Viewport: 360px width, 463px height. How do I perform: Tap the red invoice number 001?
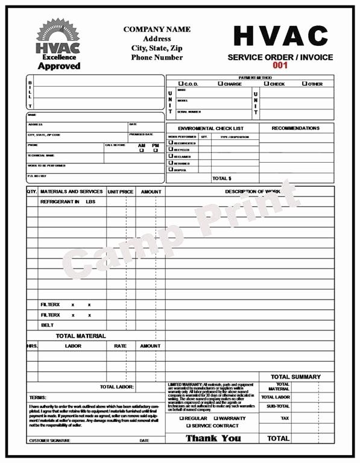[x=280, y=65]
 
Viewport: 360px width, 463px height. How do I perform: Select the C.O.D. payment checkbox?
[x=180, y=84]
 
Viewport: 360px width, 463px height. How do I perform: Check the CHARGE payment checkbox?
[x=221, y=84]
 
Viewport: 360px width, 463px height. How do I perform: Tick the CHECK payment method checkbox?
[x=267, y=84]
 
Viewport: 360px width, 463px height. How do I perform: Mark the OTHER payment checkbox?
[x=305, y=84]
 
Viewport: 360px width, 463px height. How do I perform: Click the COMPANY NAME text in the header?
[x=157, y=29]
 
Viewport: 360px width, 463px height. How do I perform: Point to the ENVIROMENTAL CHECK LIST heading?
[x=211, y=128]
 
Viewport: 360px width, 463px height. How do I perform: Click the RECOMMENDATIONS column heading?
[x=295, y=128]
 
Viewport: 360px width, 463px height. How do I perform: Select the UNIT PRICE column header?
[x=121, y=192]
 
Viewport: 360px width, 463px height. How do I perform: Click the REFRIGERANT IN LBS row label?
[x=68, y=201]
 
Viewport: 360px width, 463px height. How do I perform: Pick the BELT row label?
[x=47, y=325]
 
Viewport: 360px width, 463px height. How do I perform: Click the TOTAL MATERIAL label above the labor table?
[x=81, y=336]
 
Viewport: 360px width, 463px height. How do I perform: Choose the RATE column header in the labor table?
[x=121, y=346]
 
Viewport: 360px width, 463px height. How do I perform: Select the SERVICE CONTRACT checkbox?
[x=188, y=426]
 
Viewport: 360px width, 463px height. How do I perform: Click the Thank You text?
[x=213, y=438]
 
